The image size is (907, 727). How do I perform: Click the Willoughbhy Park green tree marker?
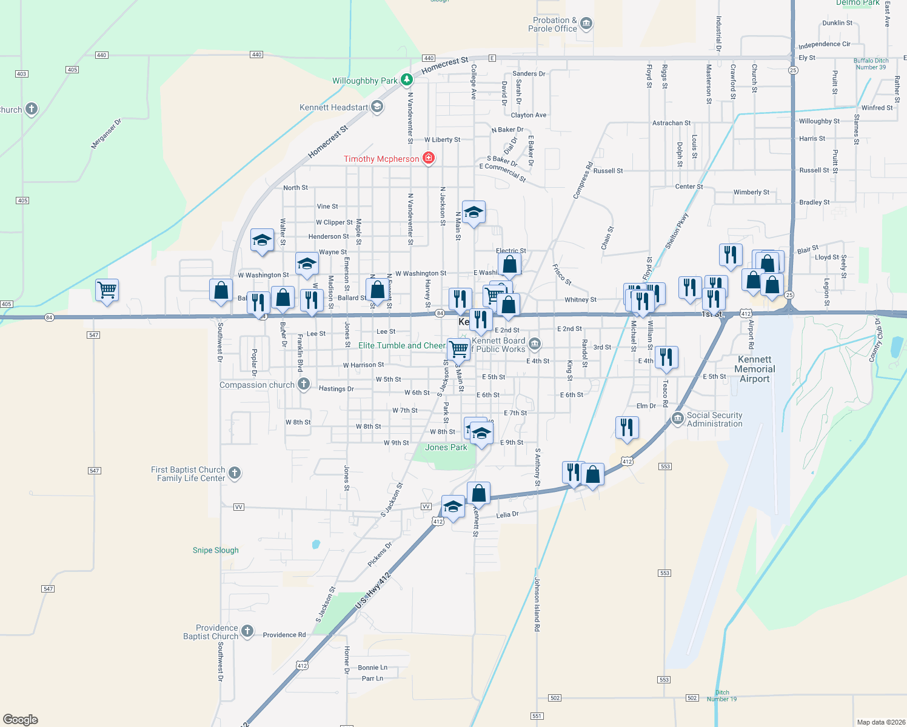[407, 80]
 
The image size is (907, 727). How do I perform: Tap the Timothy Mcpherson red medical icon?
[429, 158]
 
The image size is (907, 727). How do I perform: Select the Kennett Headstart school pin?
[377, 107]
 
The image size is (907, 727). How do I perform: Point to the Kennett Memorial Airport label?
[755, 369]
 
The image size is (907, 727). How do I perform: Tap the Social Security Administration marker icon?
[678, 419]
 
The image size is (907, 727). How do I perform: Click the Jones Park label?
[446, 447]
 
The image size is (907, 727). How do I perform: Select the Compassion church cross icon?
[304, 384]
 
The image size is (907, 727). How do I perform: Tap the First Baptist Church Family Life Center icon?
[235, 473]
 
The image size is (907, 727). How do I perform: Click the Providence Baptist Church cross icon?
[247, 631]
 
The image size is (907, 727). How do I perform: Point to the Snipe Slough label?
[216, 550]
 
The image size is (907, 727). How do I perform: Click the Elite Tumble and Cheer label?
[401, 345]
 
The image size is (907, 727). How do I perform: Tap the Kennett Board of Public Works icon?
[534, 344]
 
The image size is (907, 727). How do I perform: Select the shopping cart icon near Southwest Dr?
[107, 290]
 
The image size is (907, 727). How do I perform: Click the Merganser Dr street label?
[106, 134]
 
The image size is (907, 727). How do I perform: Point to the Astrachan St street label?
[671, 123]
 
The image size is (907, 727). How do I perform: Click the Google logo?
[21, 719]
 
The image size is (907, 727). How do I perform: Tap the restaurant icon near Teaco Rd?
[666, 357]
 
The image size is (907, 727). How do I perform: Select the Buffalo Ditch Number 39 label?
[871, 64]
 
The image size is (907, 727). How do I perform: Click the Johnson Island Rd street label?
[537, 605]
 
